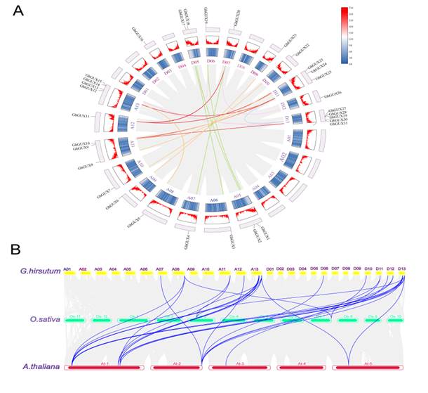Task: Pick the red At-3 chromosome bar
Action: (x=239, y=367)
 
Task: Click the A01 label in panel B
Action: (x=67, y=269)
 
